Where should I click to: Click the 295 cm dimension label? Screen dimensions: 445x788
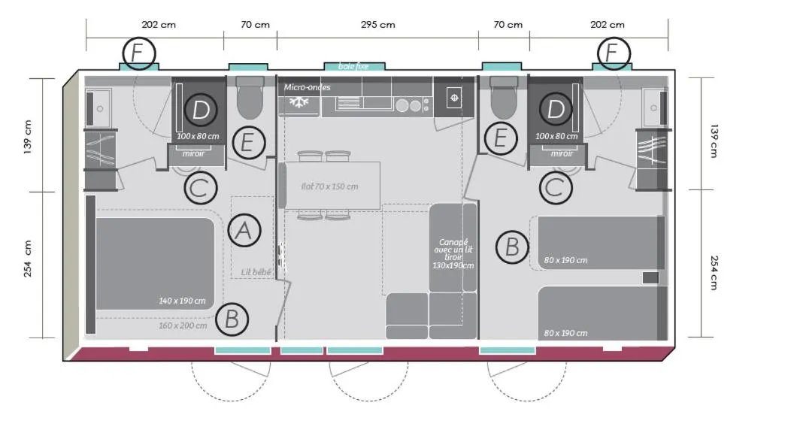pos(377,24)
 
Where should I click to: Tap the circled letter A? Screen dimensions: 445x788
pos(243,231)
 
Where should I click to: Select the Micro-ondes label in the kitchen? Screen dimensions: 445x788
pos(307,87)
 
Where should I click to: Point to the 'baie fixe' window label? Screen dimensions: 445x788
pos(353,66)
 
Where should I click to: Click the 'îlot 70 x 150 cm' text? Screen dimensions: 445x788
pos(329,186)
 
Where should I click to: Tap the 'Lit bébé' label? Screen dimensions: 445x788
pos(256,272)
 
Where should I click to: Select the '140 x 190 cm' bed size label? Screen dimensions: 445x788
pos(182,301)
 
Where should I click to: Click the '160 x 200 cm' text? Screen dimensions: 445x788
pos(182,325)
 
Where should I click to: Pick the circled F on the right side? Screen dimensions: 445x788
pos(614,54)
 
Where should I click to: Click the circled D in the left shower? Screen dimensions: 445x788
pos(200,110)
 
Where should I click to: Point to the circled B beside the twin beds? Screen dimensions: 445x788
pos(512,247)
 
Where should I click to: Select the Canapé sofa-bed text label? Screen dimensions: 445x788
pos(453,253)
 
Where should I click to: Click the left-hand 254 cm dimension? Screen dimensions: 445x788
pos(28,259)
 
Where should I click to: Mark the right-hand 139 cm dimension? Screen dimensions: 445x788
pos(712,140)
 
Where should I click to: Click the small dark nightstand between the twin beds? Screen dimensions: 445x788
pos(650,278)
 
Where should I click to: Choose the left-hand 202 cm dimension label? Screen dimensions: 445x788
pos(159,24)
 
